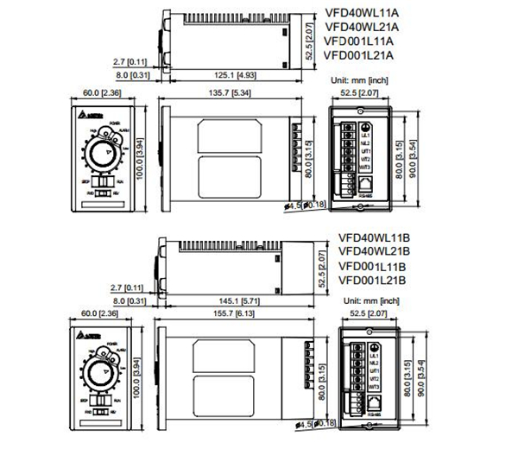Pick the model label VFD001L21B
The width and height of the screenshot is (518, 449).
(372, 280)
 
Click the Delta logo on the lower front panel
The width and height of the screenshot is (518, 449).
(92, 335)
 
